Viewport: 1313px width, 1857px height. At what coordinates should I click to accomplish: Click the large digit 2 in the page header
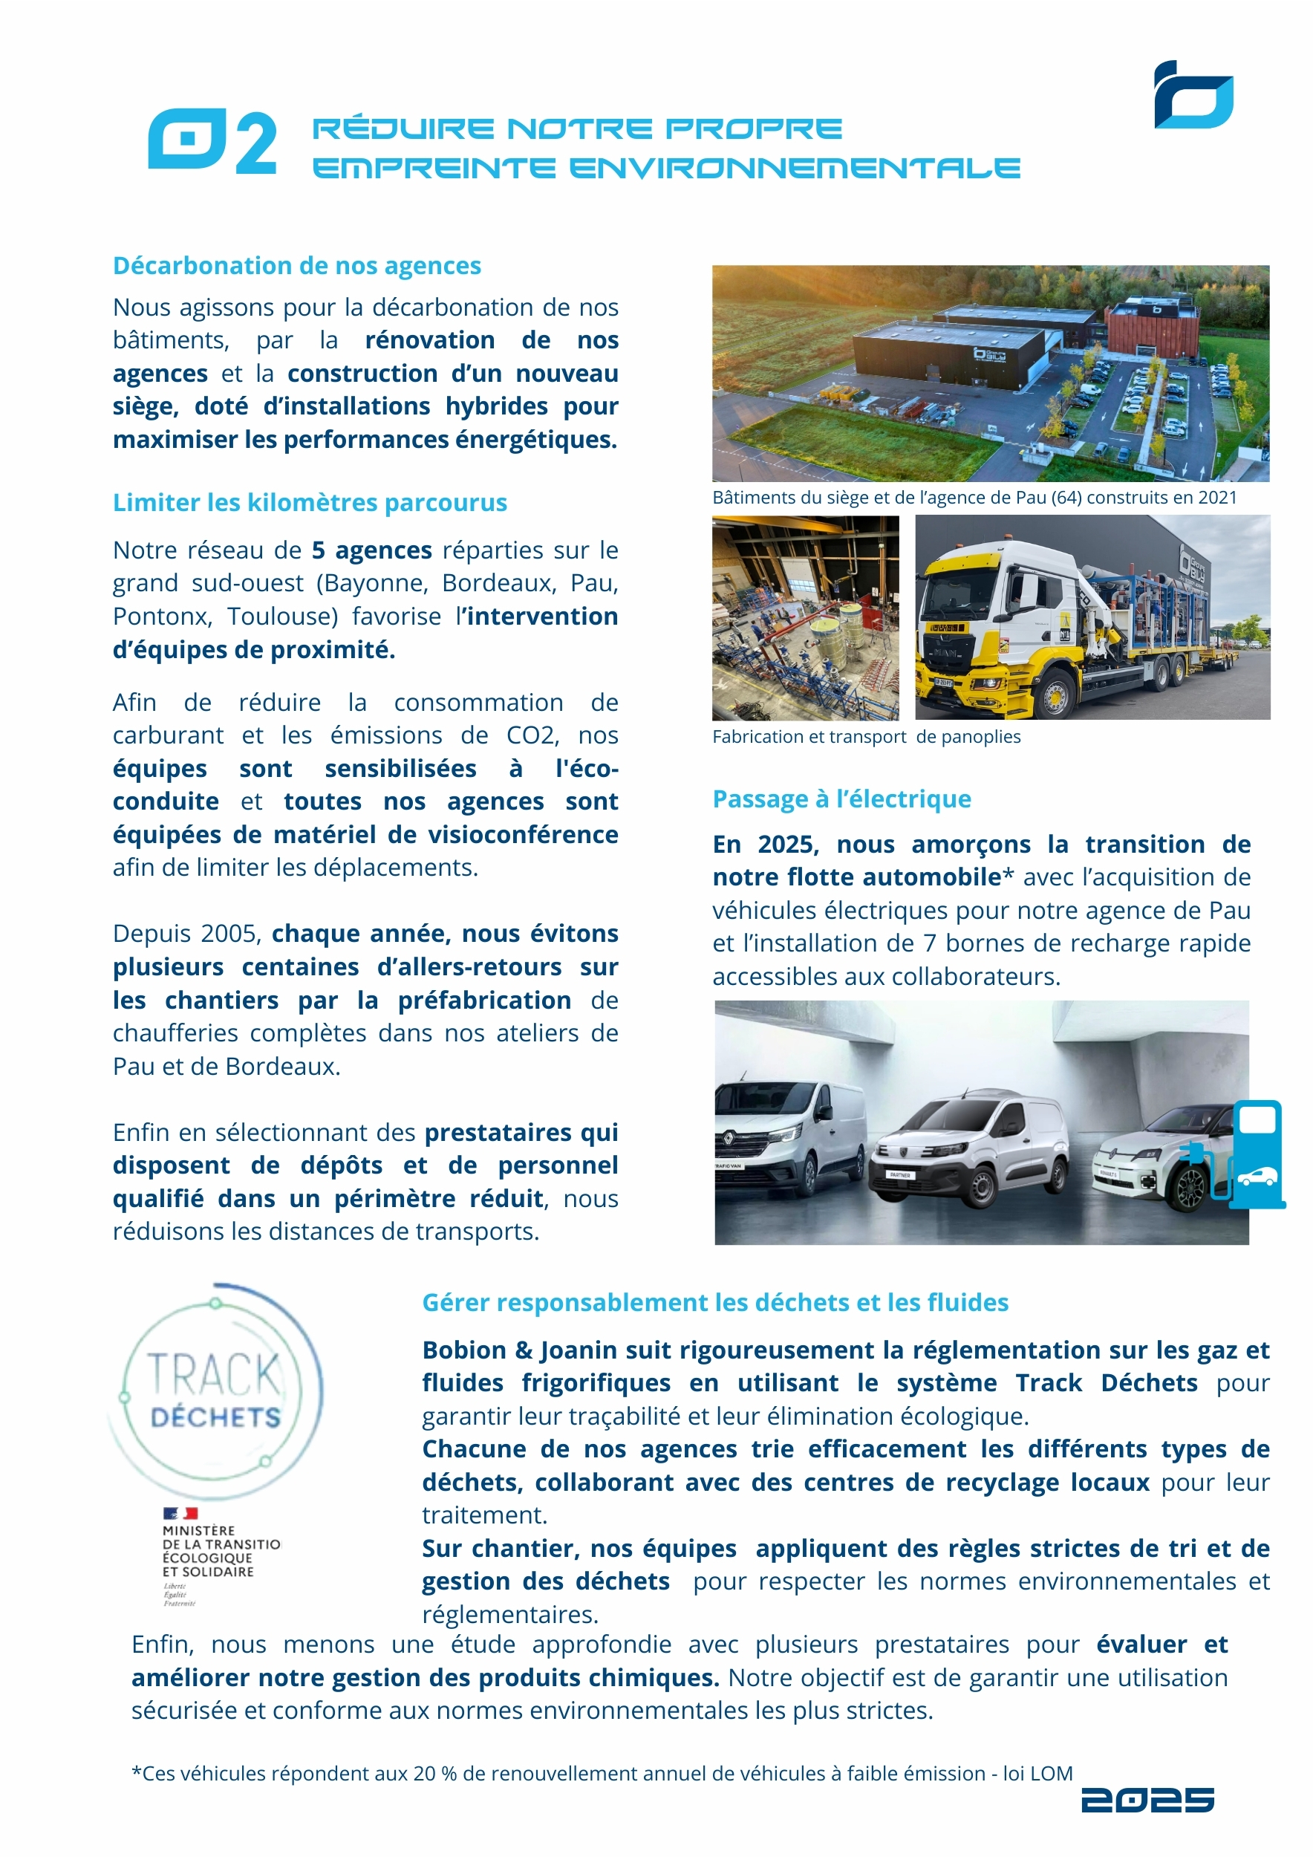click(255, 143)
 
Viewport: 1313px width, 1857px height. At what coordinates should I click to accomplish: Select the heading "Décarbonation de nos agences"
click(297, 265)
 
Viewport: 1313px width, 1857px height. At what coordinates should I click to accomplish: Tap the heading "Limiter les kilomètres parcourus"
click(310, 502)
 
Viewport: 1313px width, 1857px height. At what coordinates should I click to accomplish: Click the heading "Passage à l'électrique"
click(841, 799)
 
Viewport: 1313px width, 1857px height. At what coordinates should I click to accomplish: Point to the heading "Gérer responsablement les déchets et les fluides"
click(714, 1302)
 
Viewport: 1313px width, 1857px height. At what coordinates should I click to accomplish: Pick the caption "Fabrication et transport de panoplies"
click(866, 737)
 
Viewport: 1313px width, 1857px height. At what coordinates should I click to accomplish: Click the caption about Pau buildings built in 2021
click(974, 498)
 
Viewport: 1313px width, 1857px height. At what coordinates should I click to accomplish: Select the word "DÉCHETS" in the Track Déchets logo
click(215, 1418)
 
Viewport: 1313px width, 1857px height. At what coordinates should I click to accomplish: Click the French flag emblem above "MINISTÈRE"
click(180, 1513)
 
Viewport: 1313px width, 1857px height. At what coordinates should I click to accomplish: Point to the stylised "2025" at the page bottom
click(1147, 1801)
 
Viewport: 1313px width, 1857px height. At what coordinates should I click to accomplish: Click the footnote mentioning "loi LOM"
click(602, 1774)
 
